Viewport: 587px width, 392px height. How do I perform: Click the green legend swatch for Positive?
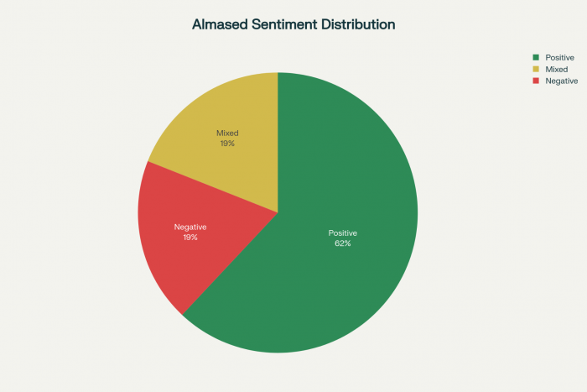[x=536, y=57]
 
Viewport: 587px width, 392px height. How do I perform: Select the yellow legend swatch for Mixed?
[x=536, y=69]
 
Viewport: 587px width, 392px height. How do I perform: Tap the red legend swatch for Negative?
[x=536, y=81]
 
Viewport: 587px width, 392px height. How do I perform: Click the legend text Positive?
[x=559, y=57]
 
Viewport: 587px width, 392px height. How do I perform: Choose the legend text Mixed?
[x=556, y=69]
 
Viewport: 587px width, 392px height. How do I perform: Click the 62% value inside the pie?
[x=342, y=243]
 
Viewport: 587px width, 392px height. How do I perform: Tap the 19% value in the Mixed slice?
[x=227, y=144]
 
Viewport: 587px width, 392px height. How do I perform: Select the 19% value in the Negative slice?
[x=190, y=238]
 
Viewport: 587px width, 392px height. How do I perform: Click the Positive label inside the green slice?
[x=342, y=233]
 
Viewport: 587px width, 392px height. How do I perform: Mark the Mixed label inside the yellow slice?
[x=227, y=133]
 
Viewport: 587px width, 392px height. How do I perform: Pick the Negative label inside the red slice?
[x=190, y=227]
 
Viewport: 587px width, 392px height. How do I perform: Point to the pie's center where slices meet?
[x=278, y=212]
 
